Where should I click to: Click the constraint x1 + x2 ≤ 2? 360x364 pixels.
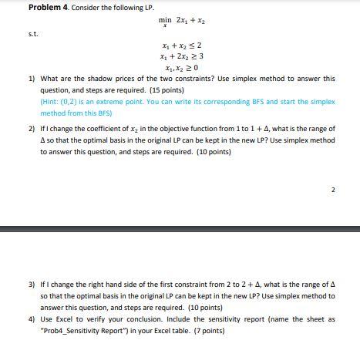tap(181, 45)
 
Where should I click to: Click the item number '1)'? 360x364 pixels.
tap(32, 79)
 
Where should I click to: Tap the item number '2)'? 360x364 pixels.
tap(32, 129)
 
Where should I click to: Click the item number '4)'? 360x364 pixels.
tap(32, 318)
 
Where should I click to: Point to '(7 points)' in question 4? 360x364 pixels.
tap(207, 330)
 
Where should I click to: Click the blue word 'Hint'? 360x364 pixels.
tap(51, 101)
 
